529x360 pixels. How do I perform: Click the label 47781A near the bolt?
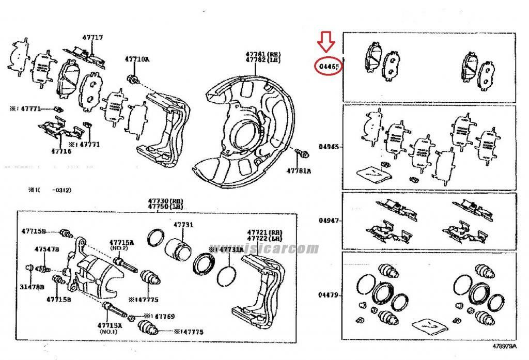pos(300,170)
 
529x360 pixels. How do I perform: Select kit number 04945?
pos(329,147)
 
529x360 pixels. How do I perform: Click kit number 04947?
pos(329,221)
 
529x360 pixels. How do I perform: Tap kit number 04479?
pos(329,295)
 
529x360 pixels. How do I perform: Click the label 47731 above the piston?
pos(183,225)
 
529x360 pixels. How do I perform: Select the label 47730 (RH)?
pos(157,201)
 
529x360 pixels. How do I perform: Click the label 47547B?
pos(46,249)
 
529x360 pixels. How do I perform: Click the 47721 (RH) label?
pos(260,232)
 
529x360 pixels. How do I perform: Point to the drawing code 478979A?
pos(504,346)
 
